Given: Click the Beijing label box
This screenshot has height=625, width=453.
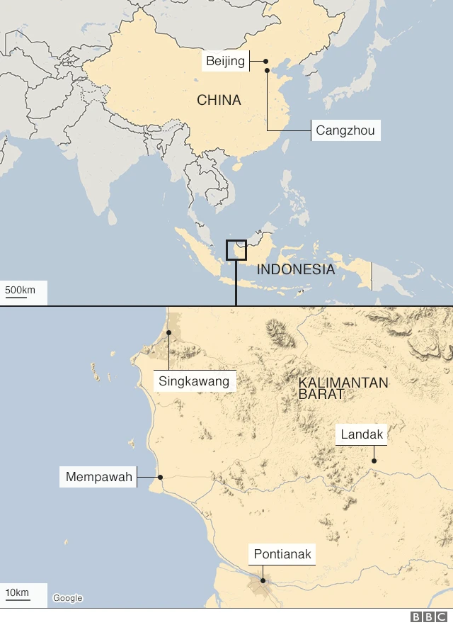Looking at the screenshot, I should click(x=225, y=61).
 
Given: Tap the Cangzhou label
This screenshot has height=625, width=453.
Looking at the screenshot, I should click(x=345, y=130).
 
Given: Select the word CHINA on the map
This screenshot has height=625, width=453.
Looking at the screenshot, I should click(x=219, y=101).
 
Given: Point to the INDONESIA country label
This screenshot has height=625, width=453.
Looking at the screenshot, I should click(x=295, y=269).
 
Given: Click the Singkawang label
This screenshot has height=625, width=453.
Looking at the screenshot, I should click(x=194, y=381).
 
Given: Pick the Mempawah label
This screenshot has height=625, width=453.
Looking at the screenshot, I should click(x=99, y=477).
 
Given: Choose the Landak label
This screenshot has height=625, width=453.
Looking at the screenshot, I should click(x=362, y=434).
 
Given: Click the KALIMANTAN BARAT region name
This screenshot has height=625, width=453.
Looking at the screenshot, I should click(x=343, y=388).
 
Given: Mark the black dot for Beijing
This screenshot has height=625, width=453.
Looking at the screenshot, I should click(x=266, y=61).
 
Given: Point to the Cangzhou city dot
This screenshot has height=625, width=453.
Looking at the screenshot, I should click(x=267, y=70).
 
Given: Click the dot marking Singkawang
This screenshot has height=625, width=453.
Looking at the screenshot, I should click(x=169, y=332).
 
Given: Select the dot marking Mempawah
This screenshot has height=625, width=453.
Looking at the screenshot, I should click(x=161, y=477).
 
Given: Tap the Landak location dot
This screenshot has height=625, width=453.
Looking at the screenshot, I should click(x=374, y=461).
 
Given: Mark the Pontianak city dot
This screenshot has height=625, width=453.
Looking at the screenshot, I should click(x=263, y=581).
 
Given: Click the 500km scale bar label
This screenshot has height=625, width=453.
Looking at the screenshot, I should click(x=20, y=290).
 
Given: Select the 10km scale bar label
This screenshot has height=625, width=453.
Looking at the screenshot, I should click(x=18, y=592).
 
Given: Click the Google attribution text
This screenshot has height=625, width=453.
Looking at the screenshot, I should click(x=68, y=598).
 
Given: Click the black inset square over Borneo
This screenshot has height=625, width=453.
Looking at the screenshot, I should click(x=236, y=249).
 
